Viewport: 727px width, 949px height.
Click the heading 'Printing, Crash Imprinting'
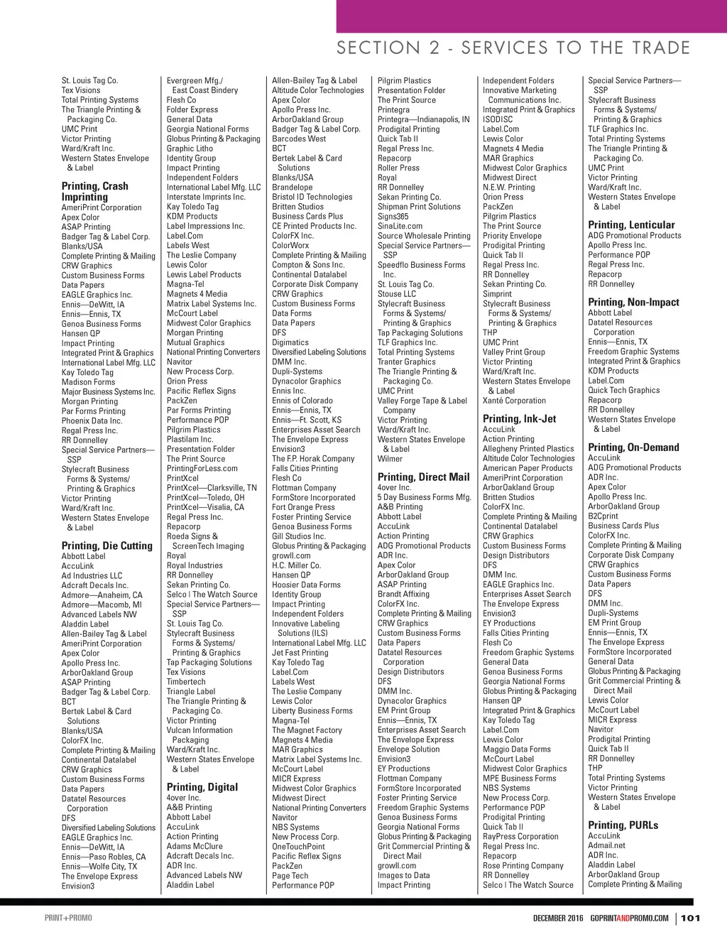pyautogui.click(x=94, y=191)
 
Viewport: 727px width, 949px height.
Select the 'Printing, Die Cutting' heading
pyautogui.click(x=106, y=546)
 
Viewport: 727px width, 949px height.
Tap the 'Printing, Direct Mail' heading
pyautogui.click(x=423, y=477)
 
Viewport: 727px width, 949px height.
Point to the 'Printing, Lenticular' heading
pyautogui.click(x=631, y=224)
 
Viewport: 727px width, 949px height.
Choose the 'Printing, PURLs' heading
pyautogui.click(x=623, y=825)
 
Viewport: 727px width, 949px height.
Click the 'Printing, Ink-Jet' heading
pyautogui.click(x=519, y=418)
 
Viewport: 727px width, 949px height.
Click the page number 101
pyautogui.click(x=690, y=918)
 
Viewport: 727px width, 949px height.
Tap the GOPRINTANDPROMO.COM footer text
pyautogui.click(x=629, y=918)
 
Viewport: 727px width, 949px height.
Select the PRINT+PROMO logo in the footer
pyautogui.click(x=68, y=918)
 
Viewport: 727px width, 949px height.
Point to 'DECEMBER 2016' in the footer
pyautogui.click(x=558, y=918)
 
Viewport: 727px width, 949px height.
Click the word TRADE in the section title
pyautogui.click(x=661, y=48)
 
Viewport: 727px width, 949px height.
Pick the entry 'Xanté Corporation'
pyautogui.click(x=514, y=401)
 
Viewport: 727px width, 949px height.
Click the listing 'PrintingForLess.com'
pyautogui.click(x=202, y=469)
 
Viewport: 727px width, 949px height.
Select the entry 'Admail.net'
pyautogui.click(x=606, y=845)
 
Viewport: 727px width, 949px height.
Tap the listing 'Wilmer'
pyautogui.click(x=390, y=459)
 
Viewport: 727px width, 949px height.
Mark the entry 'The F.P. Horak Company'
pyautogui.click(x=313, y=459)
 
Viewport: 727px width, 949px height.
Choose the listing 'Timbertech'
pyautogui.click(x=186, y=681)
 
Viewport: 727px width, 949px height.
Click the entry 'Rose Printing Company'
pyautogui.click(x=523, y=865)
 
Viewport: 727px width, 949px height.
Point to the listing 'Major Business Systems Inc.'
pyautogui.click(x=108, y=391)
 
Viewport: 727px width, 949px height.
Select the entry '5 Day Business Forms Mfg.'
pyautogui.click(x=424, y=497)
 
